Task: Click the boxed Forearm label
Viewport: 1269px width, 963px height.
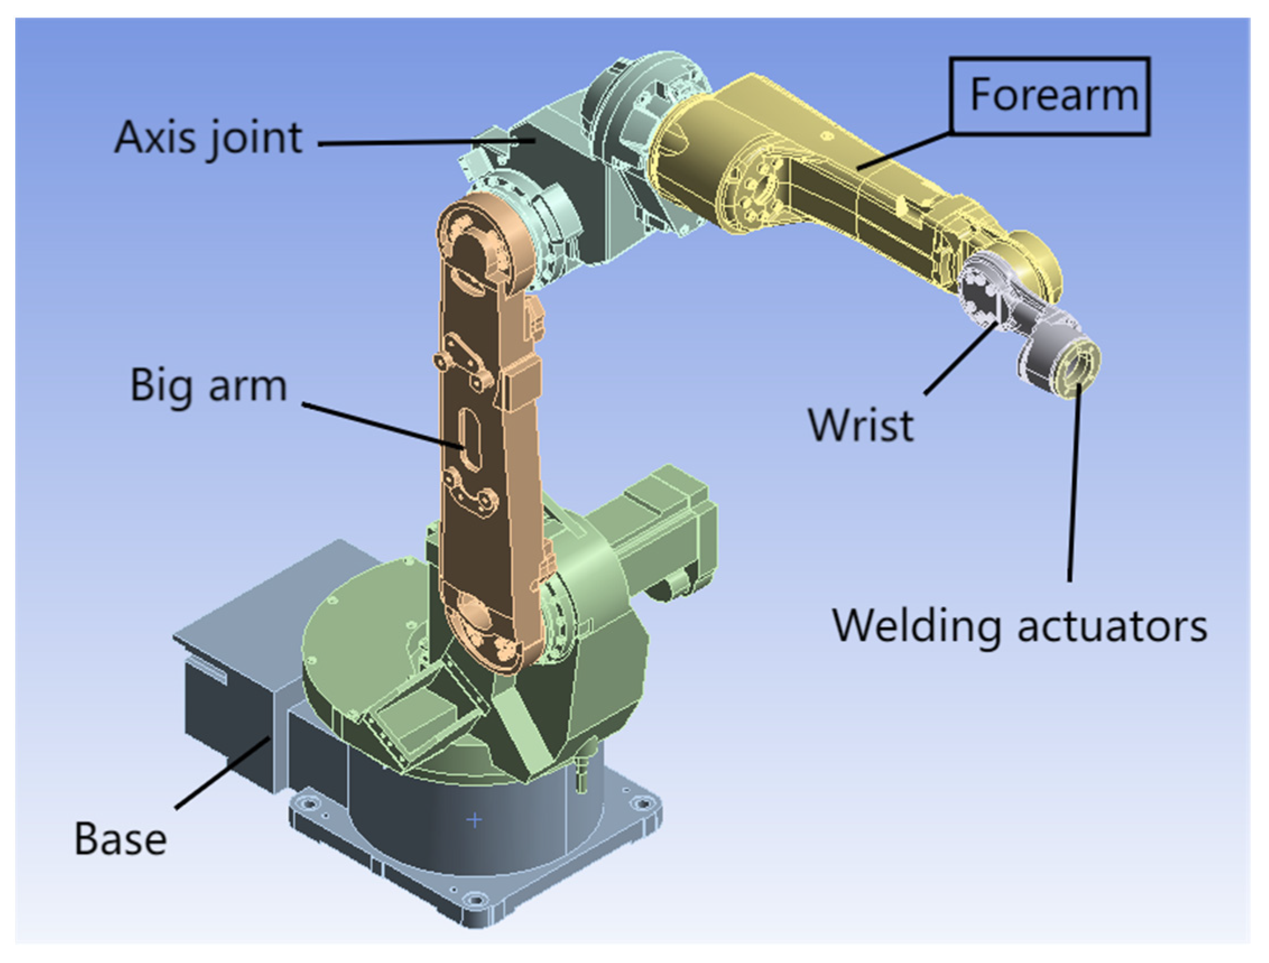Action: (1049, 96)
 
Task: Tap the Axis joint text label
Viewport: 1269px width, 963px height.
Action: (209, 138)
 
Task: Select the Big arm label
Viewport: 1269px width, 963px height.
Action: (209, 386)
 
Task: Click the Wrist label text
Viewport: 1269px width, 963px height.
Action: (860, 425)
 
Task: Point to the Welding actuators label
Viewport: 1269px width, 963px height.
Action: (1020, 626)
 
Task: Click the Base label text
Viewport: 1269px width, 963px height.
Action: (121, 839)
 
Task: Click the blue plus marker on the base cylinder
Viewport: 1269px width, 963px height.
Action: (474, 820)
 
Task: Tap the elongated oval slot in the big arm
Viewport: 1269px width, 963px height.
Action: (470, 439)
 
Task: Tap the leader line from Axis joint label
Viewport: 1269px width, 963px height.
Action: (424, 142)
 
